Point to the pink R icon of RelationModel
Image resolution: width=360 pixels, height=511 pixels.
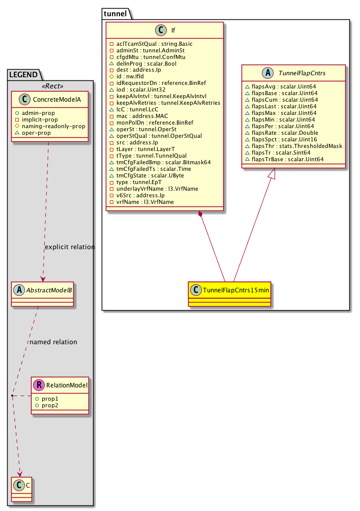point(40,385)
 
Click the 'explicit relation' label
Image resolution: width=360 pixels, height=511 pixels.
point(70,247)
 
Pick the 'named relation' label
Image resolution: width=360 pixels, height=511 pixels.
point(53,342)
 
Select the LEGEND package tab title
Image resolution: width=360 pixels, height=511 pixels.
point(25,75)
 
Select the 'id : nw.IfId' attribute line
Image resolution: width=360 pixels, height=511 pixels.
point(132,76)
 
